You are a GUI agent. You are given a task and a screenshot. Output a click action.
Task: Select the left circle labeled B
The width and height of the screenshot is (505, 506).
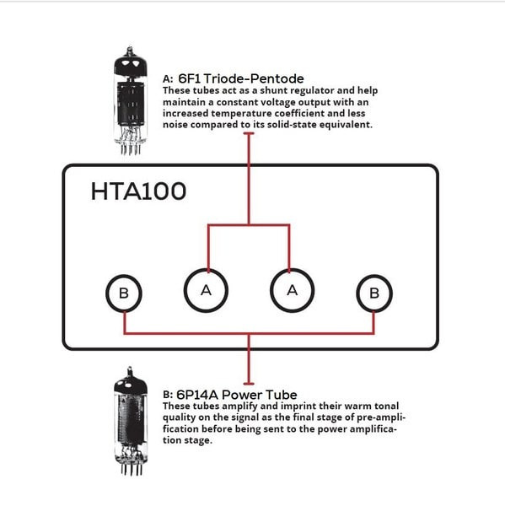[124, 293]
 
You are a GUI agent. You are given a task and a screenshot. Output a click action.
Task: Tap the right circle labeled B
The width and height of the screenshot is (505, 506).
[374, 293]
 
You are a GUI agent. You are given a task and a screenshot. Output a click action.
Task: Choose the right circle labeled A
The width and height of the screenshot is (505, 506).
[291, 289]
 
